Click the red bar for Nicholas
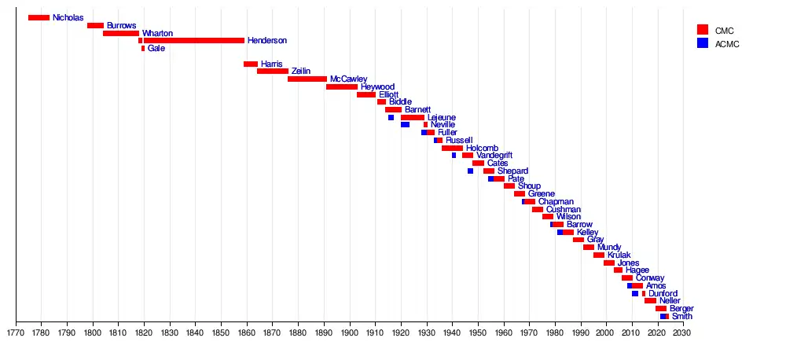click(x=39, y=17)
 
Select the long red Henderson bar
click(x=193, y=40)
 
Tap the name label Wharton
click(x=157, y=33)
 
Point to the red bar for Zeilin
click(x=272, y=71)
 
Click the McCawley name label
click(x=347, y=79)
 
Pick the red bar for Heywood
click(x=341, y=86)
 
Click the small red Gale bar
click(x=143, y=48)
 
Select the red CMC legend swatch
click(x=703, y=30)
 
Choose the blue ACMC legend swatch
click(x=703, y=43)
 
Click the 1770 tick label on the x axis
click(x=16, y=332)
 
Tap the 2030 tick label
click(x=682, y=332)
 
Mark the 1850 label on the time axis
click(x=221, y=332)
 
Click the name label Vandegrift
click(x=494, y=156)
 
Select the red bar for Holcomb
click(x=452, y=148)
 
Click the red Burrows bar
click(x=95, y=25)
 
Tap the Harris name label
click(x=271, y=64)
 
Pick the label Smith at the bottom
click(x=682, y=317)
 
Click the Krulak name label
click(x=619, y=255)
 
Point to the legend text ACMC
click(x=726, y=43)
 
